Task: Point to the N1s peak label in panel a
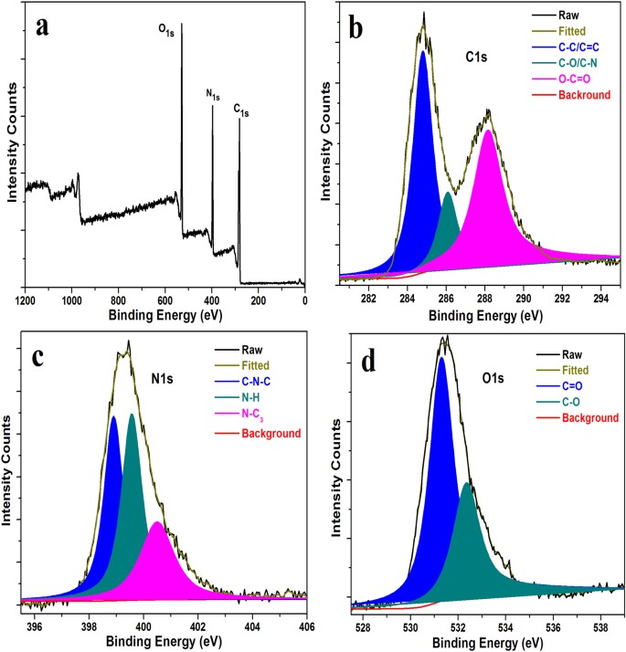(212, 94)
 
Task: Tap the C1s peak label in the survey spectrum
(241, 110)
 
